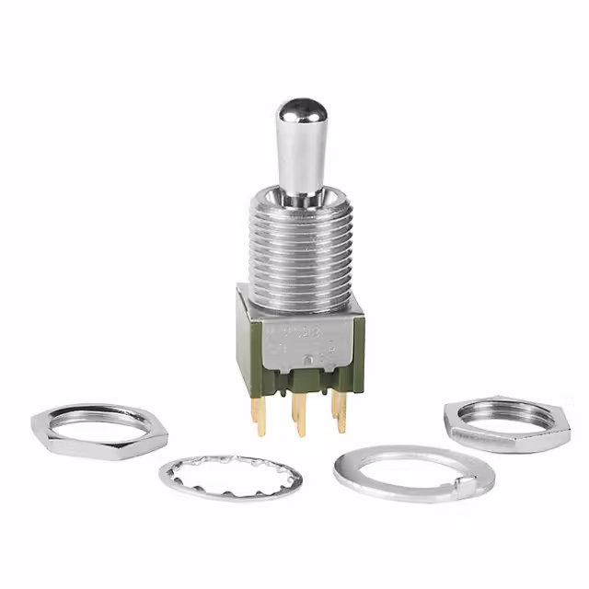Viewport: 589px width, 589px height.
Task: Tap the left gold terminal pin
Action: [260, 415]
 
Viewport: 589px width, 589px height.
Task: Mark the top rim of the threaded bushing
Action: [301, 198]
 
